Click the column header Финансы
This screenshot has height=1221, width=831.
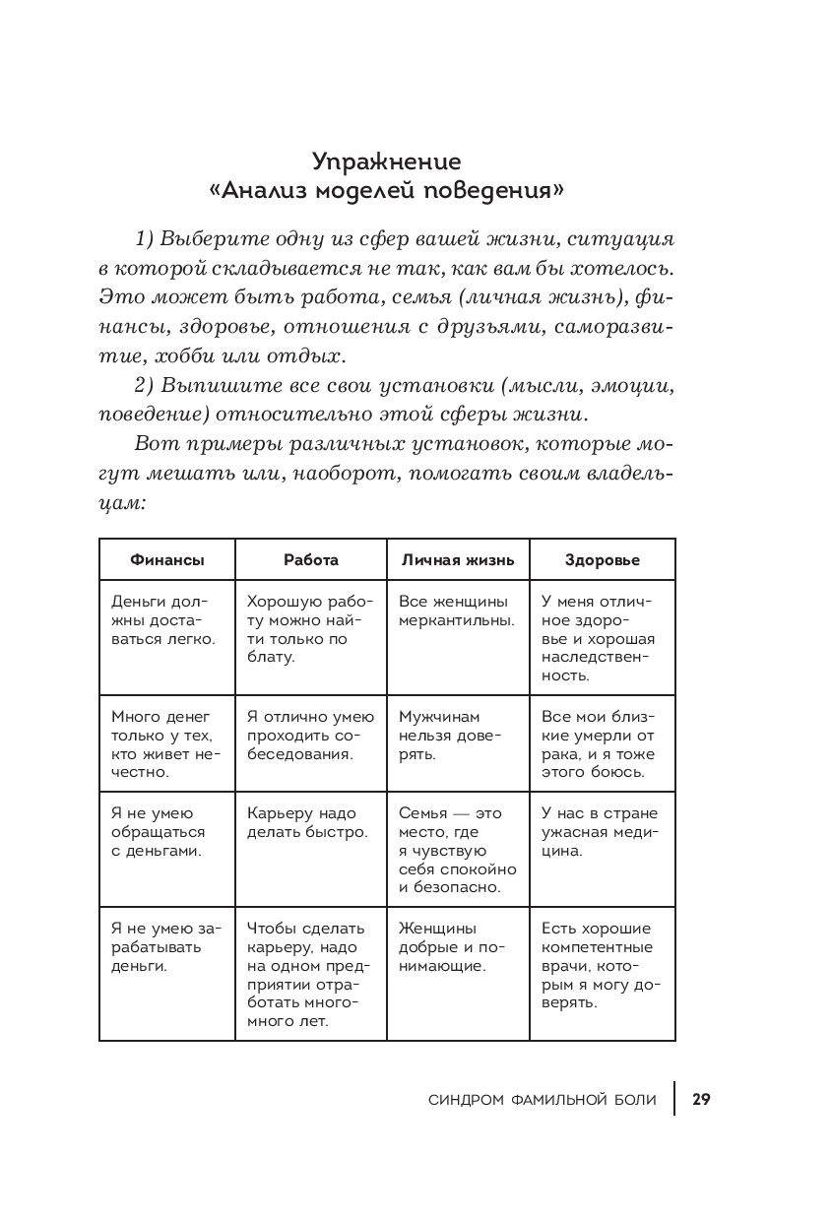167,559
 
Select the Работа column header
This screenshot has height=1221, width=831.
311,559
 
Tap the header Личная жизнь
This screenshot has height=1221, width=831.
457,559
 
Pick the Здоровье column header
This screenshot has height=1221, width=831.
603,559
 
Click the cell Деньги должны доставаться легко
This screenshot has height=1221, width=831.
162,619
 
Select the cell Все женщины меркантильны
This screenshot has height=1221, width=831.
457,610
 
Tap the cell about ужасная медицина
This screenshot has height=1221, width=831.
599,831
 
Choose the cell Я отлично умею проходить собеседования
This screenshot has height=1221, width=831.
309,736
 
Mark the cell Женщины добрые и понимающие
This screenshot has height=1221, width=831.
452,946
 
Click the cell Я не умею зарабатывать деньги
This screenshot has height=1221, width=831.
165,946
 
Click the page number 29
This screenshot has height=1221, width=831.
701,1099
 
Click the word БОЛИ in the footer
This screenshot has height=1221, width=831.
633,1100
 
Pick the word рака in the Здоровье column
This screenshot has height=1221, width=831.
559,754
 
